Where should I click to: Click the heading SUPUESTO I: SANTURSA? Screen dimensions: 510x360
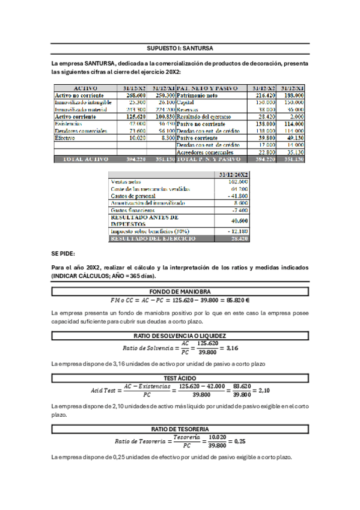[x=180, y=48]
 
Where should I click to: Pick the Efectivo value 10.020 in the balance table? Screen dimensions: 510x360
[x=136, y=138]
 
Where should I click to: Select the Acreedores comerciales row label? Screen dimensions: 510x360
[x=206, y=152]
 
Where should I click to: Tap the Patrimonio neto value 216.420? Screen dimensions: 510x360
[x=263, y=96]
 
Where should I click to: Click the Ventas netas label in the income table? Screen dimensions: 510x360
[x=124, y=182]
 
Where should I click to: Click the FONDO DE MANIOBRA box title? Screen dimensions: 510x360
[x=180, y=292]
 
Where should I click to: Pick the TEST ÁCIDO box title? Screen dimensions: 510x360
[x=180, y=378]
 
